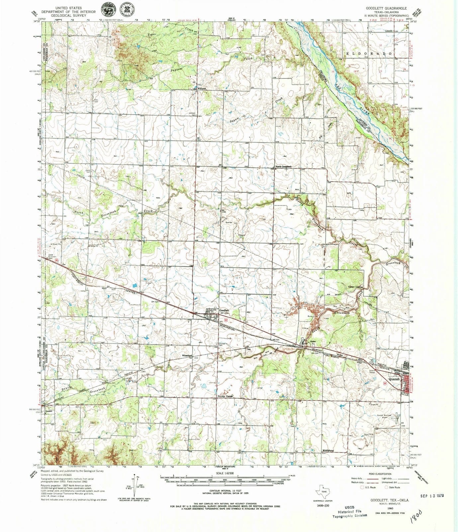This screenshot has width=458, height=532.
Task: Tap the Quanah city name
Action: (394, 378)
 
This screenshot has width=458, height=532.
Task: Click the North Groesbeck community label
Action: (283, 166)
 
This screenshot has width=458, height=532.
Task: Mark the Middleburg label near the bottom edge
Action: (327, 451)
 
